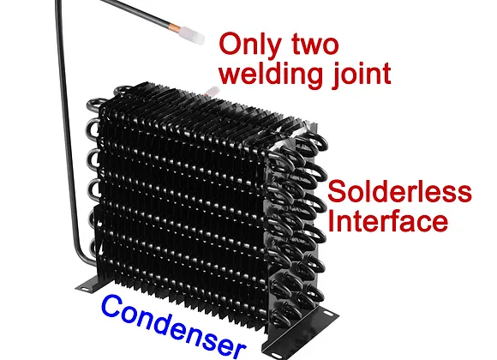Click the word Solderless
[x=400, y=191]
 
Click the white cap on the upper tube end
[x=191, y=34]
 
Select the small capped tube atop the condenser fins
[x=212, y=92]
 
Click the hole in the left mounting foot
[x=85, y=288]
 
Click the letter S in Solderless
[x=338, y=191]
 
